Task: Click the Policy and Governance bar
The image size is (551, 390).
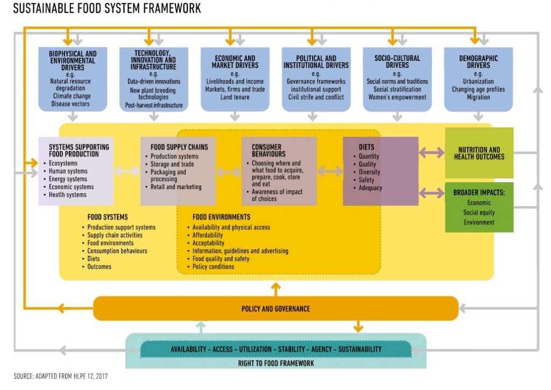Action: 275,309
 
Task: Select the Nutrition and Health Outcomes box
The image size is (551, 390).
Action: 479,153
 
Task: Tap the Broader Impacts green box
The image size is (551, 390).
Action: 479,207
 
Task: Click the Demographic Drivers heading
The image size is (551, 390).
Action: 478,62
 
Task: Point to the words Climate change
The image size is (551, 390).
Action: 72,96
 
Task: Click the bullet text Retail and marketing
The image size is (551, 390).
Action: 176,187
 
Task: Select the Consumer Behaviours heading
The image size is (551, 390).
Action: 269,150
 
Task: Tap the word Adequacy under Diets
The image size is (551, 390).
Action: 370,188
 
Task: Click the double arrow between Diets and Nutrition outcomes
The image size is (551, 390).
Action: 432,152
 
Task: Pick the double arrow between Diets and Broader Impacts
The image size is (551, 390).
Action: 432,193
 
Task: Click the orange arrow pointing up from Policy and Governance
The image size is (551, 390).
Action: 276,289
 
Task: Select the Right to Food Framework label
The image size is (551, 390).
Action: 276,363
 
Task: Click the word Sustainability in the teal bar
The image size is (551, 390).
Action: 359,349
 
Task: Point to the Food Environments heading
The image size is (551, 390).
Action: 221,217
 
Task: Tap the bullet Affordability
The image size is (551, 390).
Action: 207,235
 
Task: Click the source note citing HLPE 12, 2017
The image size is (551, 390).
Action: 60,377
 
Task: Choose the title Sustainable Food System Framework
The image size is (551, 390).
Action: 107,8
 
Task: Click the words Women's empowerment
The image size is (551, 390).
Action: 397,97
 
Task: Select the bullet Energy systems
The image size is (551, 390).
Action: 68,179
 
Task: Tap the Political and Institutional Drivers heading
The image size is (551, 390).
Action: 316,62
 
